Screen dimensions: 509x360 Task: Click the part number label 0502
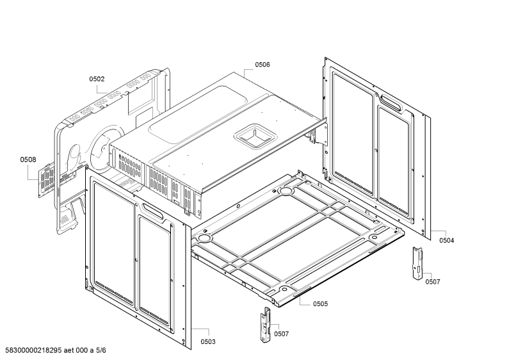point(97,79)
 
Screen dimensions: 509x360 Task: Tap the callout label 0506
point(263,65)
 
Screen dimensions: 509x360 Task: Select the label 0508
point(28,160)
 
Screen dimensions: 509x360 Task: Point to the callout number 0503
point(207,341)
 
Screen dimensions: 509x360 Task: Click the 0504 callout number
point(447,240)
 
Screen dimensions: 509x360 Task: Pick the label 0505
point(320,304)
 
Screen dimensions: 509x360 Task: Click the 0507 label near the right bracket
point(433,282)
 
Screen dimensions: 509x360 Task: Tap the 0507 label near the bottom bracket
point(281,334)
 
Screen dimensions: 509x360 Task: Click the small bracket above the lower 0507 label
point(266,324)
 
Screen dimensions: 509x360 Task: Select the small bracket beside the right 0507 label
point(417,263)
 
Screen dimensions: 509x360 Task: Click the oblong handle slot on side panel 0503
point(152,211)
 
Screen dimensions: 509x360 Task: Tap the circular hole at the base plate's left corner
point(204,238)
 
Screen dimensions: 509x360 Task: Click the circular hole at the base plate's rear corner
point(286,190)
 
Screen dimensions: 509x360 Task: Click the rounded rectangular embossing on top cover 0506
point(198,115)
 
